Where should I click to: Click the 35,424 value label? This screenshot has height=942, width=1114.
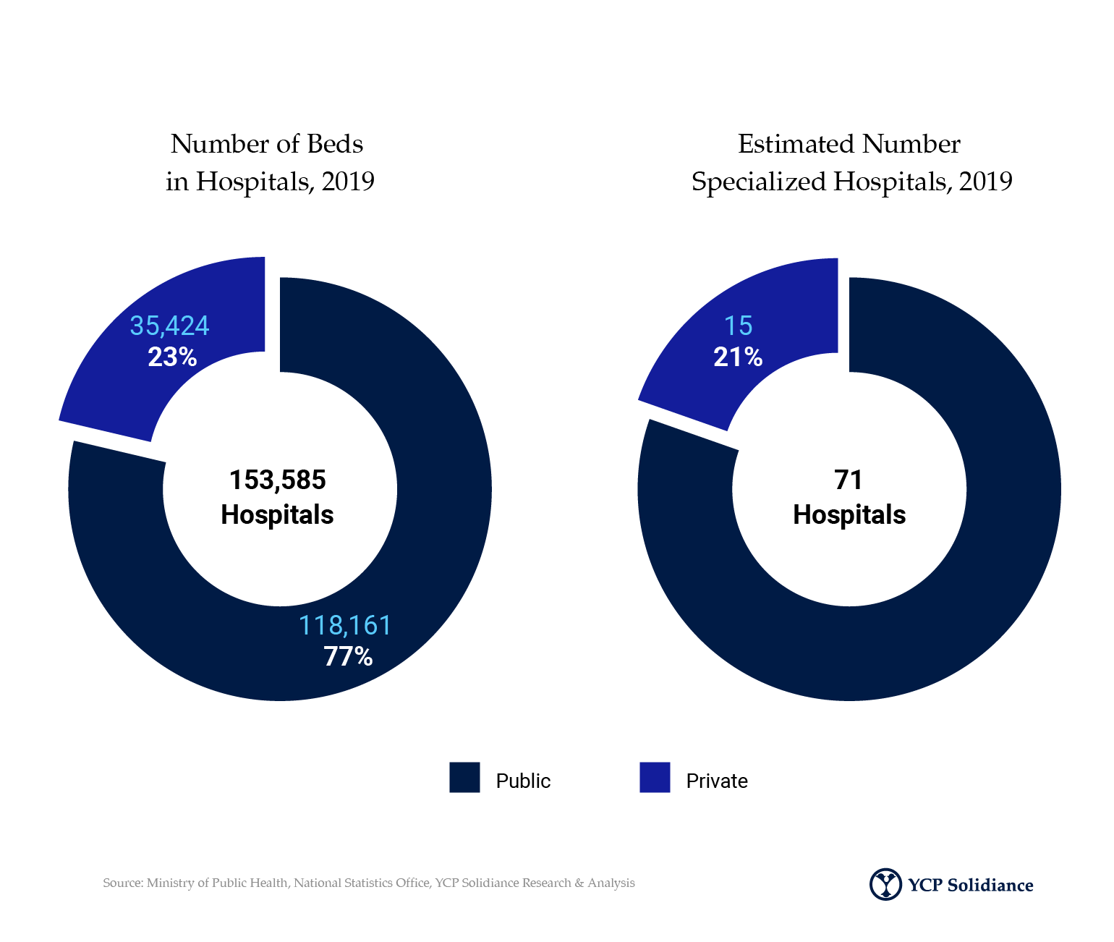tap(169, 326)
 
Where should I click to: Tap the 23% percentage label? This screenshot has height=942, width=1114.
tap(172, 357)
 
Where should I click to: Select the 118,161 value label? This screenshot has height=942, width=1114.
tap(345, 626)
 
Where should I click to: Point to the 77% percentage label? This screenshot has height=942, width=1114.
tap(348, 656)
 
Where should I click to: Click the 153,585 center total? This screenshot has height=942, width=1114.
tap(278, 480)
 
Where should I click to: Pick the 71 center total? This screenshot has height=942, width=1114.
tap(849, 480)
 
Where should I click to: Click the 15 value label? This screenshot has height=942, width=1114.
tap(738, 326)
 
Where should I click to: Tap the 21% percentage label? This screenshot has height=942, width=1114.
tap(738, 357)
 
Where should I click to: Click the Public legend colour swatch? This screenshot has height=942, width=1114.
tap(464, 777)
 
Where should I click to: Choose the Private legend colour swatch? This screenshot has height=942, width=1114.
tap(655, 777)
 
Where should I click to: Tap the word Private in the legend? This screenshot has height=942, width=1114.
tap(717, 781)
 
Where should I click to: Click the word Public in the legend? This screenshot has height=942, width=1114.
tap(523, 781)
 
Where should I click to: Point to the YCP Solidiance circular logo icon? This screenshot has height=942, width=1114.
tap(885, 884)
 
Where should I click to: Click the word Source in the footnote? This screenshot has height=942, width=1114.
tap(123, 883)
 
